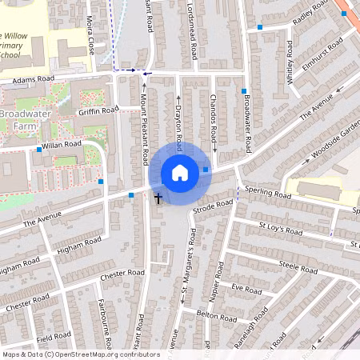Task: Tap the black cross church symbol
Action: click(x=158, y=197)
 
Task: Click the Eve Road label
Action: click(x=246, y=289)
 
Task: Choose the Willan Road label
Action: click(x=62, y=145)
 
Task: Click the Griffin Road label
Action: click(x=98, y=110)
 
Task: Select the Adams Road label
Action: click(x=33, y=80)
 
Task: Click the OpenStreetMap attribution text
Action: click(x=80, y=354)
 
